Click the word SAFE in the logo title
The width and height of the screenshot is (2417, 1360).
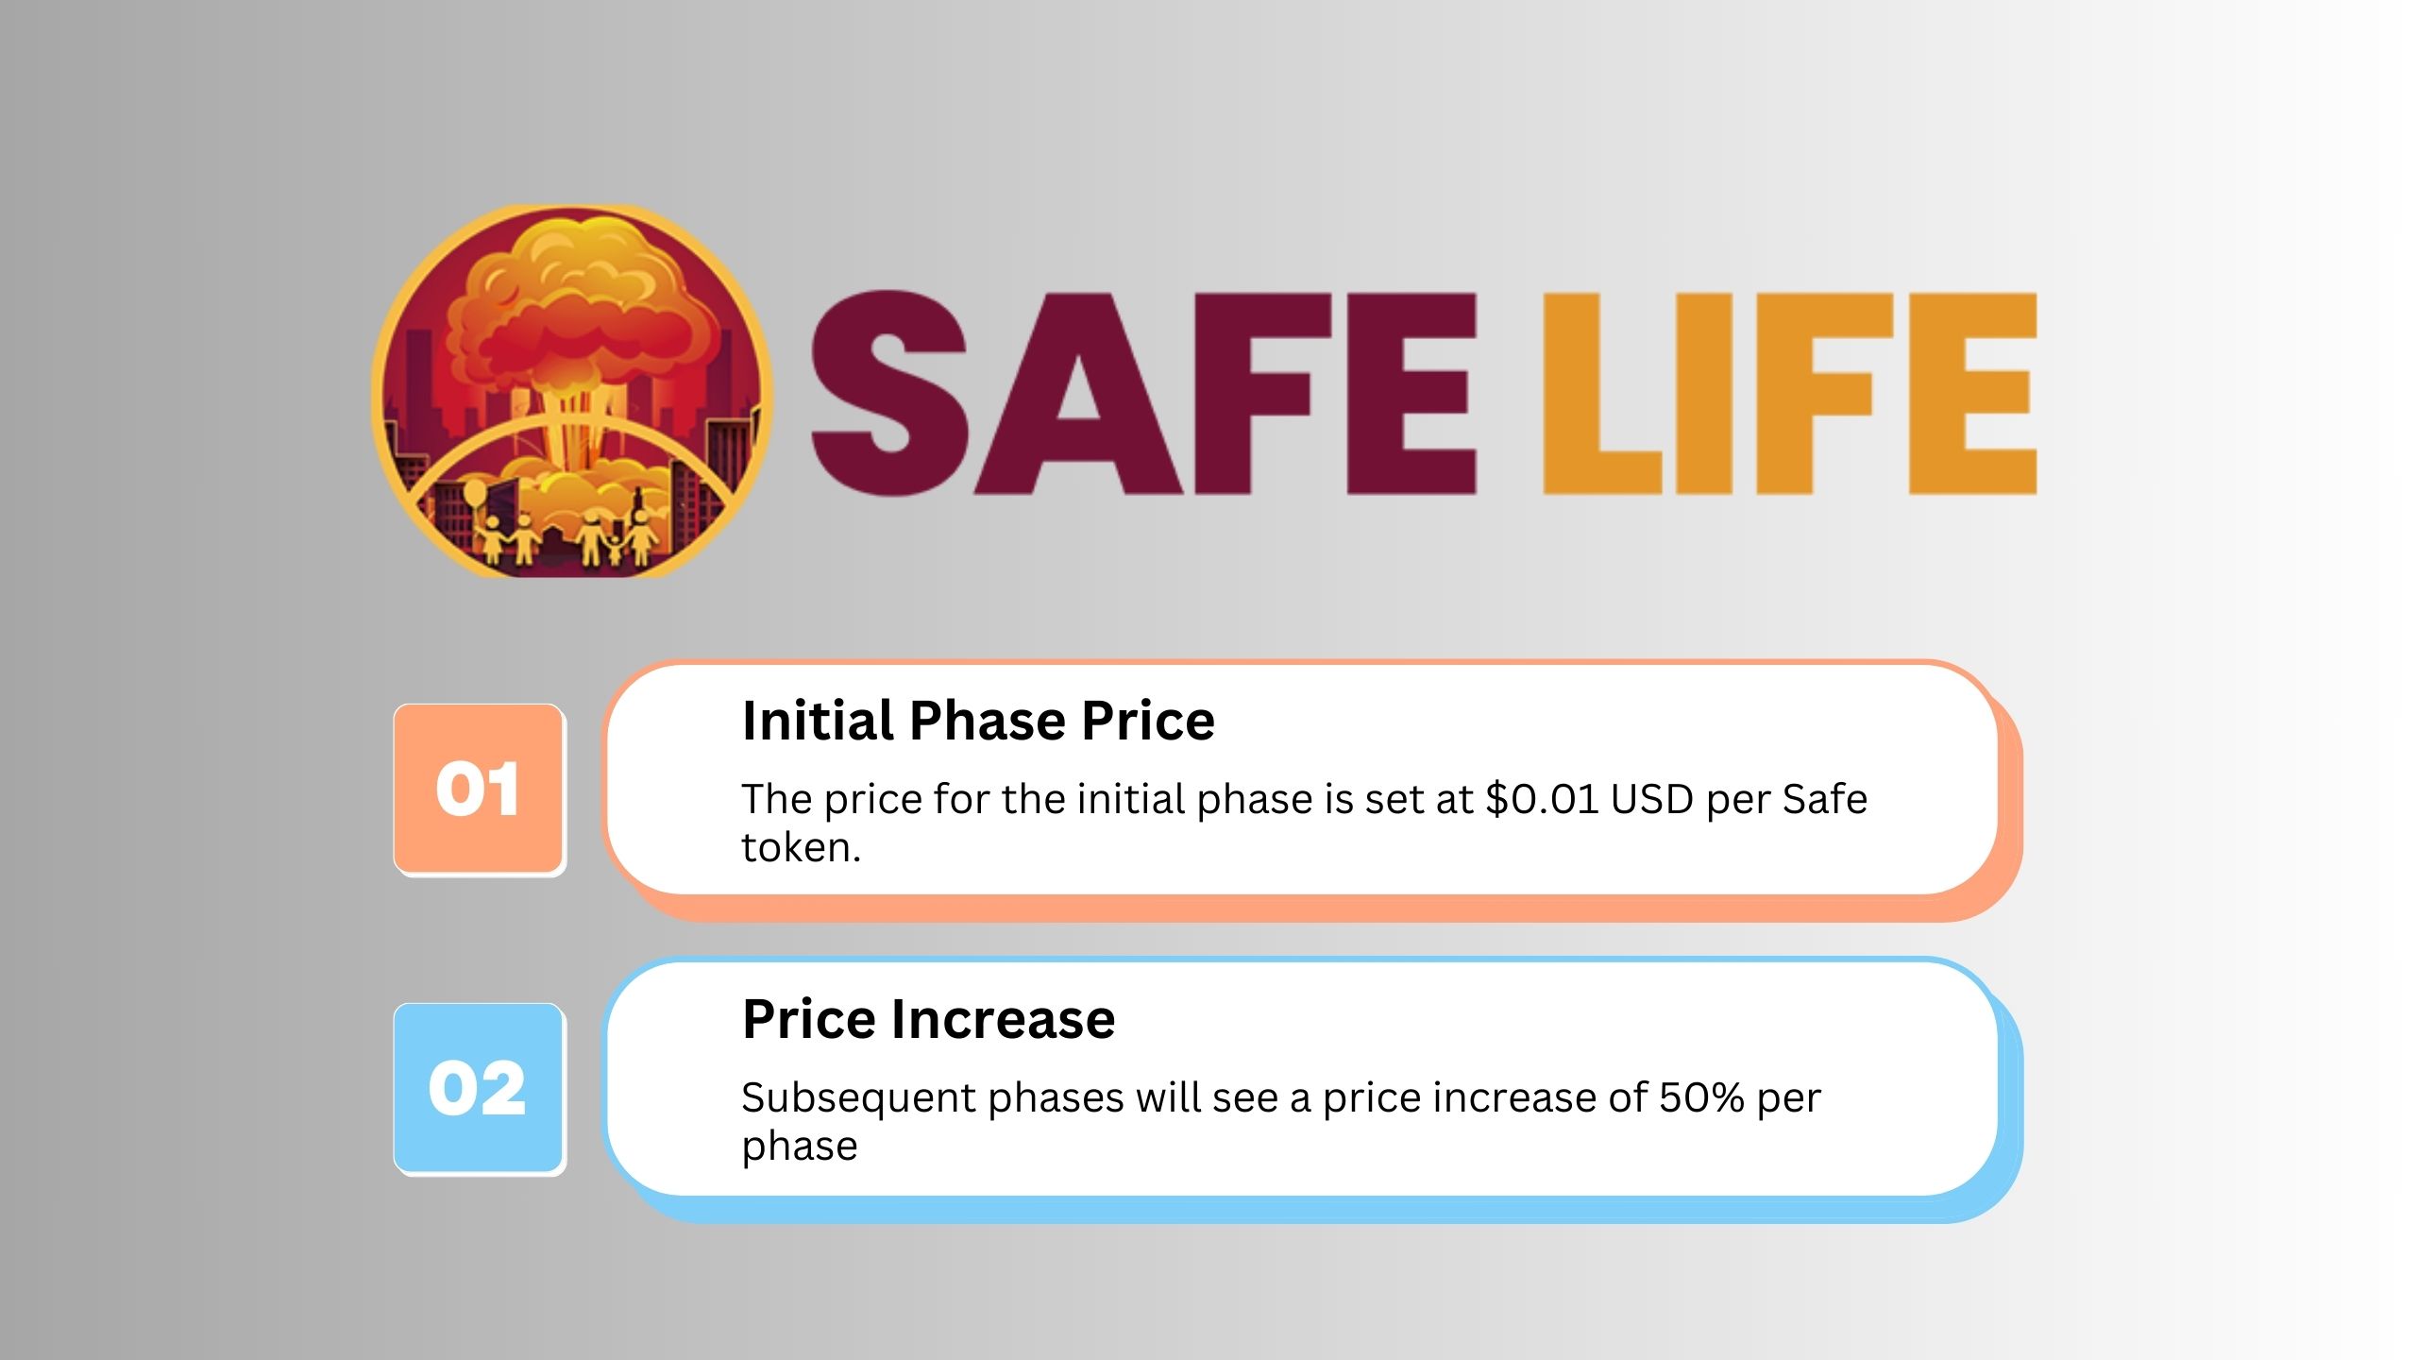(1143, 393)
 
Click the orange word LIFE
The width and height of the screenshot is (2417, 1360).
(1789, 393)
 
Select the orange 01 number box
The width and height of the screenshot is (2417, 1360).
(479, 789)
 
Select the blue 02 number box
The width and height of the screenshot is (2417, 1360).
(479, 1088)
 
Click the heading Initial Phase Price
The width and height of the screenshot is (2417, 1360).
(978, 722)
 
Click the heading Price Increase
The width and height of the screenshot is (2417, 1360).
(929, 1020)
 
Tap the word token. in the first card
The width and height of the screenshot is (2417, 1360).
(802, 848)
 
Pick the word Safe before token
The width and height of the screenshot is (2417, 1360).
(1824, 799)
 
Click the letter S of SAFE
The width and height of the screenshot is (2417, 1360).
(889, 393)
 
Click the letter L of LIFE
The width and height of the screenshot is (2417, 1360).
(1602, 393)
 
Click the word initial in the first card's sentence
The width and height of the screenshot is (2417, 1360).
(1131, 799)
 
